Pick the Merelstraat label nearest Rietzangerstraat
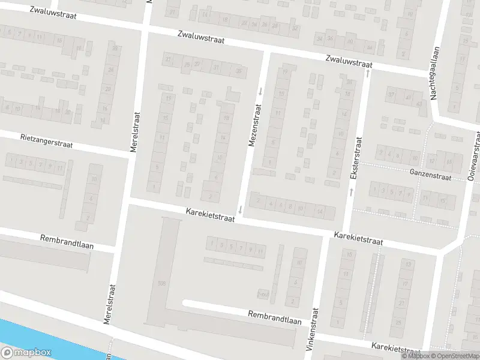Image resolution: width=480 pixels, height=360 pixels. click(136, 133)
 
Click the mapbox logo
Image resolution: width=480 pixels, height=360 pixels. click(26, 353)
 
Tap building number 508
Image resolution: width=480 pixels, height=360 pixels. click(160, 283)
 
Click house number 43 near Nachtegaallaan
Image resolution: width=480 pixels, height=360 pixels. click(419, 104)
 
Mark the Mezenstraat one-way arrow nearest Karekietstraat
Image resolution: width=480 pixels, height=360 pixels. click(241, 209)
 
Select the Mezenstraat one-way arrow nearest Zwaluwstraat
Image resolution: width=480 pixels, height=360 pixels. click(260, 91)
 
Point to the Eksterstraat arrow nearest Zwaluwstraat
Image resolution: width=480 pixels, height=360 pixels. click(367, 73)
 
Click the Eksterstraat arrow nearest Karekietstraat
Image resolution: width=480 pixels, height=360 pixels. click(351, 191)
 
